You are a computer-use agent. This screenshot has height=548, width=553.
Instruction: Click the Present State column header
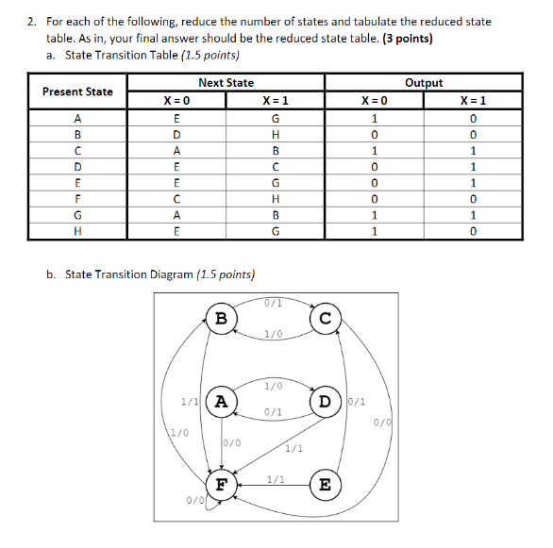coord(77,91)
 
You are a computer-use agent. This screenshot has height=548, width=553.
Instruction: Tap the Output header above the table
coord(423,83)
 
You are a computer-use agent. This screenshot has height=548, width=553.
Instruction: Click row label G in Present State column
coord(77,214)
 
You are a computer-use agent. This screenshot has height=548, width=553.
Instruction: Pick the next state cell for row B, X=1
coord(275,134)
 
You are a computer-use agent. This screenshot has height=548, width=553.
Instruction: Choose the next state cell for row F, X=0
coord(176,198)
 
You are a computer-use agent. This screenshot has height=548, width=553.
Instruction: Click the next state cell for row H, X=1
coord(275,230)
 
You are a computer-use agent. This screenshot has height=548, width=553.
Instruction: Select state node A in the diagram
coord(221,400)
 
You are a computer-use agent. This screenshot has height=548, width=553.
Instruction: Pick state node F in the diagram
coord(221,486)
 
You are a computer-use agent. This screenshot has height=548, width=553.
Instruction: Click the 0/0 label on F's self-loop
coord(194,500)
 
